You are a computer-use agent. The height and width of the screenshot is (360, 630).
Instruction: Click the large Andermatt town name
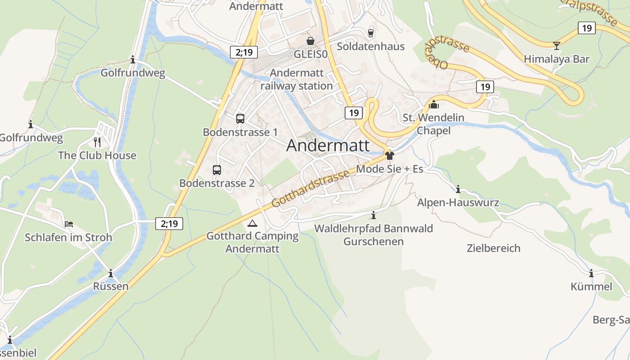(x=328, y=145)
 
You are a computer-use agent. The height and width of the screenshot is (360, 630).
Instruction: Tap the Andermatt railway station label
(x=297, y=79)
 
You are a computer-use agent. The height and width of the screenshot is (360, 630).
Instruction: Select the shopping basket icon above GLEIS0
(x=310, y=41)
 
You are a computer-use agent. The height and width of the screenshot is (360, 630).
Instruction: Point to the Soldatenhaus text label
(x=370, y=46)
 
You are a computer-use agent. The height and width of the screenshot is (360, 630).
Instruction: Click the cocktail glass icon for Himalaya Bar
(x=557, y=45)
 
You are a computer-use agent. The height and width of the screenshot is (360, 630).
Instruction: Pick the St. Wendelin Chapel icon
(x=434, y=104)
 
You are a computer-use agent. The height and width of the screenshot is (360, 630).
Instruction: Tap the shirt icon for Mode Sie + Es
(x=390, y=156)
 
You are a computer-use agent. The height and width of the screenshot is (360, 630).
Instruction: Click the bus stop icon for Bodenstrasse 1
(x=240, y=119)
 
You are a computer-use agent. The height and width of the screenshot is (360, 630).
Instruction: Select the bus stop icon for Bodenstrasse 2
(x=217, y=170)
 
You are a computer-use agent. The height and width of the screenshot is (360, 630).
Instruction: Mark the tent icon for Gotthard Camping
(x=252, y=223)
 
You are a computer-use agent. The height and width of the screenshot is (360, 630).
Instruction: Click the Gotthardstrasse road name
(x=310, y=189)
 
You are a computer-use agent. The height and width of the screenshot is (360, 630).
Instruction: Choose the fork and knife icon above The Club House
(x=97, y=142)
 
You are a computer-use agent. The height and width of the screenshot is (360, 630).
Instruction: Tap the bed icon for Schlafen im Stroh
(x=68, y=224)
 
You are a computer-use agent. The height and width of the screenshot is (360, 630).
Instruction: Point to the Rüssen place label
(x=111, y=286)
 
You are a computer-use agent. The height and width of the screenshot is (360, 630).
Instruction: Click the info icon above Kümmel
(x=591, y=273)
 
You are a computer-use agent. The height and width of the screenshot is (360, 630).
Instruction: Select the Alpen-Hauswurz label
(x=458, y=202)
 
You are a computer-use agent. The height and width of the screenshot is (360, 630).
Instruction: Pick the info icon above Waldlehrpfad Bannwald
(x=373, y=216)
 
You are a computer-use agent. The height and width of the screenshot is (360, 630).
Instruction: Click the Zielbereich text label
(x=493, y=248)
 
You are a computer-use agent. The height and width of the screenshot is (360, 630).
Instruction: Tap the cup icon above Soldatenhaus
(x=370, y=33)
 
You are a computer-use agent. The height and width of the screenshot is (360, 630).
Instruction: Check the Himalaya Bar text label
(x=556, y=59)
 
